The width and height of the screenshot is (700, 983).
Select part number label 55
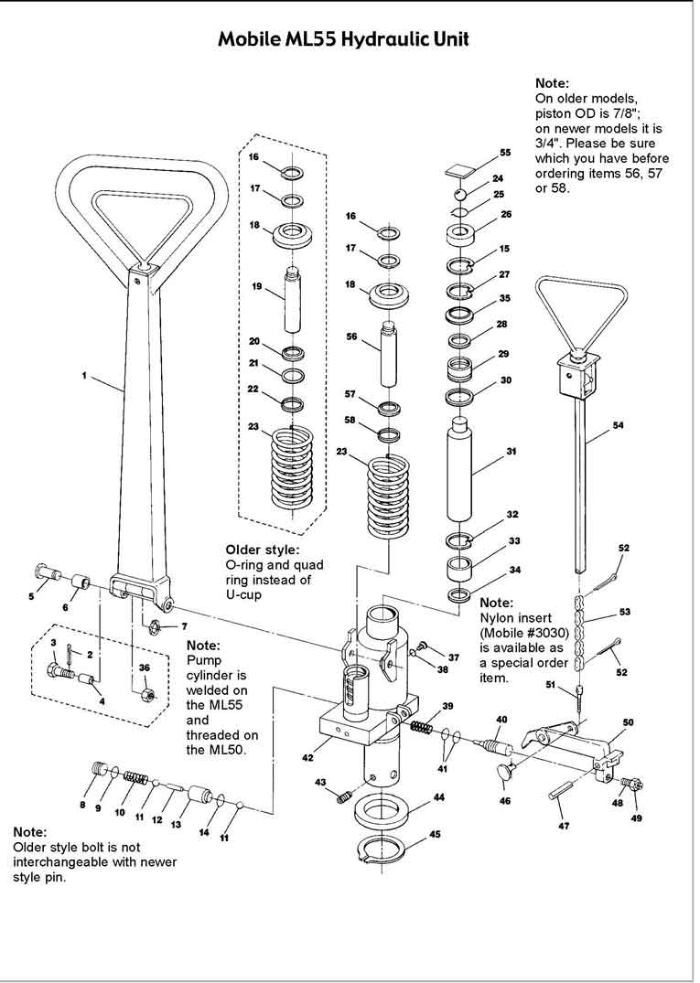pos(505,153)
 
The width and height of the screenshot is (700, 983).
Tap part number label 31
pos(512,451)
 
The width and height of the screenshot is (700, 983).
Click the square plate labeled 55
pos(458,169)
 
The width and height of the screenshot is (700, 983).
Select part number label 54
pos(619,425)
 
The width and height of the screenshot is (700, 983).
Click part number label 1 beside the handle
pos(85,376)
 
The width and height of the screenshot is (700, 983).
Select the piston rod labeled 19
pos(292,298)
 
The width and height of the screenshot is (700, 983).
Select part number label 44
pos(439,797)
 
